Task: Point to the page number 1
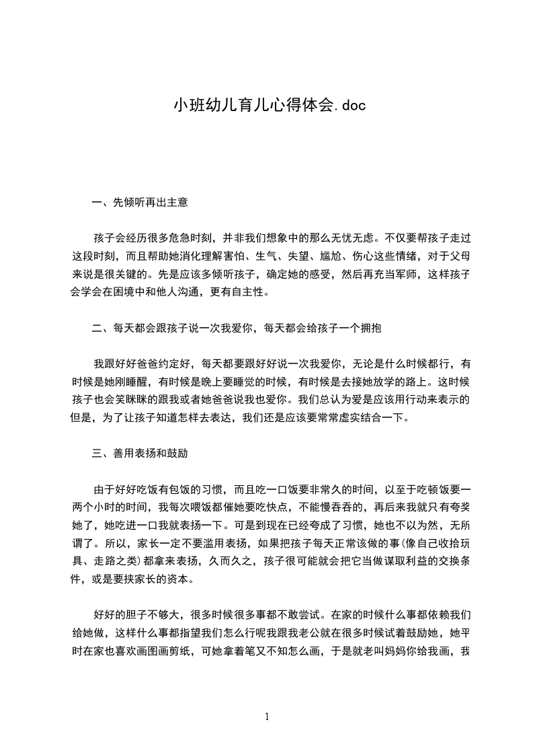click(267, 717)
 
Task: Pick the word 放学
click(395, 380)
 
